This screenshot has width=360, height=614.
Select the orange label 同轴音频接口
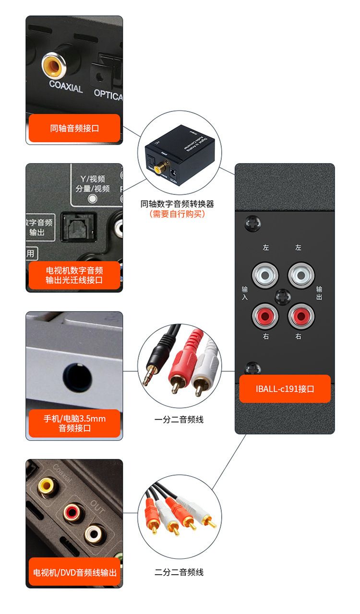74,128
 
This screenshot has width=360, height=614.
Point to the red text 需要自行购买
177,214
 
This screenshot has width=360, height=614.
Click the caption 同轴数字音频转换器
177,204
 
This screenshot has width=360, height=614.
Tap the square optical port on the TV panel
77,225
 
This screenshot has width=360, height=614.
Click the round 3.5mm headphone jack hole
77,377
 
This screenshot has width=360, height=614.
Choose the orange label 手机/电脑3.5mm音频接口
74,423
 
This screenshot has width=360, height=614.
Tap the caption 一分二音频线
179,420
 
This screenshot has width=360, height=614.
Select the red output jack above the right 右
300,315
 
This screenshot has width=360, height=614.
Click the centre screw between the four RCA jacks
283,296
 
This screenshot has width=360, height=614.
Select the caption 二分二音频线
179,572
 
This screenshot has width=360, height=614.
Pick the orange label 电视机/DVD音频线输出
74,572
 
